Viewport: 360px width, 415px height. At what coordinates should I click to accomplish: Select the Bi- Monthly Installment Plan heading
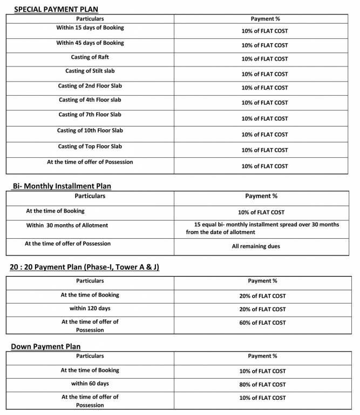pos(62,186)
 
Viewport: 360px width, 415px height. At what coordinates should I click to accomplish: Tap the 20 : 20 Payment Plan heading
pos(84,267)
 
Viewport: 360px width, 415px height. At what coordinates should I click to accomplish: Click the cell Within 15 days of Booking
pos(90,28)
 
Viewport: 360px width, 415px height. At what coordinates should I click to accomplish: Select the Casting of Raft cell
pos(90,57)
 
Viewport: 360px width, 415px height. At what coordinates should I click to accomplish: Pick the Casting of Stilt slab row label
pos(90,71)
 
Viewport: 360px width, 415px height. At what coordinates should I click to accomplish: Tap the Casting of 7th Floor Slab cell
pos(90,115)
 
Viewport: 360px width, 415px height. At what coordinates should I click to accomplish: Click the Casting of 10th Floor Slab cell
pos(90,130)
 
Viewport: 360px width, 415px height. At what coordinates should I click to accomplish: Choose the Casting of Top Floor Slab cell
pos(90,146)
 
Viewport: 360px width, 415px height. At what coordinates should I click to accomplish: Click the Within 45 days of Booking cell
pos(90,43)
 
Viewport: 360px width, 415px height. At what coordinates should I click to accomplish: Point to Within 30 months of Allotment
pos(67,225)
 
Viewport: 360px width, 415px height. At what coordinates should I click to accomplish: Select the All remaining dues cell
pos(261,246)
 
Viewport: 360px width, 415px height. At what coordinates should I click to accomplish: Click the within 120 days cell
pos(90,309)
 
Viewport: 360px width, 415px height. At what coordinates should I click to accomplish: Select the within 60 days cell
pos(90,384)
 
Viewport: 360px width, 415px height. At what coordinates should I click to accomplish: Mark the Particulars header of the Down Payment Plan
pos(90,356)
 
